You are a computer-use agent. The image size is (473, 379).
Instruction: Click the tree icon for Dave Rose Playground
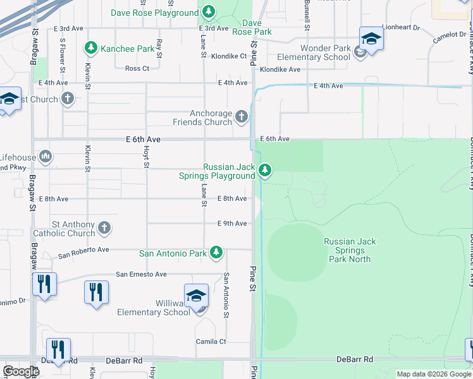(209, 13)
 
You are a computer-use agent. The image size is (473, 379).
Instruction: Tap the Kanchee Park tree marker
(91, 48)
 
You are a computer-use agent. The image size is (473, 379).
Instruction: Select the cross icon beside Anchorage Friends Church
(241, 116)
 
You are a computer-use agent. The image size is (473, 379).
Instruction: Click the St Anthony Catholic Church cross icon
(104, 227)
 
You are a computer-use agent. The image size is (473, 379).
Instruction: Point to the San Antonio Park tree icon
(216, 253)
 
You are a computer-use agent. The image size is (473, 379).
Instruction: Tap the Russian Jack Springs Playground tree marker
(265, 170)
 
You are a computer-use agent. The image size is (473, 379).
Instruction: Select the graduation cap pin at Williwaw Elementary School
(197, 295)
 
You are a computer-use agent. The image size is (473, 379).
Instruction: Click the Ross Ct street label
(137, 68)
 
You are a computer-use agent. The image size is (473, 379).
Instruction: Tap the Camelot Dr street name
(449, 37)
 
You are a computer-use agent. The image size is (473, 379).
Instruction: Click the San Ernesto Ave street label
(141, 274)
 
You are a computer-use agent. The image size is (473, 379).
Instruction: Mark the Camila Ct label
(211, 341)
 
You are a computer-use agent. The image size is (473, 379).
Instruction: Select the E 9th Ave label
(231, 224)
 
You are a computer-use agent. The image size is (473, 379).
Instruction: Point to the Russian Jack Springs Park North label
(350, 250)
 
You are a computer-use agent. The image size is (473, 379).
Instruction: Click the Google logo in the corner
(21, 371)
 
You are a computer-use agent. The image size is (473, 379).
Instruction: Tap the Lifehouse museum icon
(45, 155)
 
